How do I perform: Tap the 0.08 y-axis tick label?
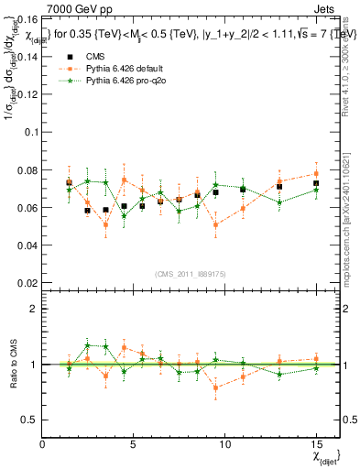(x=27, y=169)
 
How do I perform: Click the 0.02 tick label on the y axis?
(x=27, y=283)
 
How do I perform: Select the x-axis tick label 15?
(x=315, y=444)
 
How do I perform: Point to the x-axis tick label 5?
(x=134, y=444)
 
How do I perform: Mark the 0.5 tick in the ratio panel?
(x=29, y=420)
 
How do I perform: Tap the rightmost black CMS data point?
(x=315, y=183)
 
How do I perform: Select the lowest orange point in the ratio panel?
(x=215, y=387)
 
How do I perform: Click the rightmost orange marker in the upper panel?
(x=315, y=173)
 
